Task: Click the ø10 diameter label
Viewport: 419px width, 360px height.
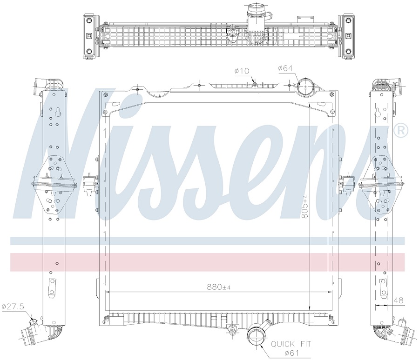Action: pos(242,71)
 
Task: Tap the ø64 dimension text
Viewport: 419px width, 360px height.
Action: pos(285,68)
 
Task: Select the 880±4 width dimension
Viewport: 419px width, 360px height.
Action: pos(219,287)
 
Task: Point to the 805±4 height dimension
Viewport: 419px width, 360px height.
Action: pos(305,207)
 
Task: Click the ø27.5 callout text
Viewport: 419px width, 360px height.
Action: pos(13,307)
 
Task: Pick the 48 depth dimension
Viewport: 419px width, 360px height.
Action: pos(399,300)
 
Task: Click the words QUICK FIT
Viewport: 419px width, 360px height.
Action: pos(291,344)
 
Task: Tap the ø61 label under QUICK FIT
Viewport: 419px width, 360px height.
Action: pos(291,353)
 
